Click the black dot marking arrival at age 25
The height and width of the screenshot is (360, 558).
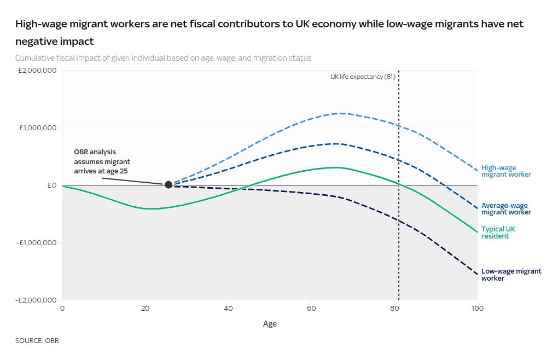[x=168, y=185]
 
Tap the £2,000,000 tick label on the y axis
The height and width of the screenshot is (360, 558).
[x=37, y=71]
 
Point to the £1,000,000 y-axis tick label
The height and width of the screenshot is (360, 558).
[x=37, y=128]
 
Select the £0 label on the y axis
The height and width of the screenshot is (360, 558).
[x=52, y=185]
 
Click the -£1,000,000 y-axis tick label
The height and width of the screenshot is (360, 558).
[x=36, y=243]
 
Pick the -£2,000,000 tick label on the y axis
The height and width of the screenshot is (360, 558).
[x=36, y=300]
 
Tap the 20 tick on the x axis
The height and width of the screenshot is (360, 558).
[x=145, y=309]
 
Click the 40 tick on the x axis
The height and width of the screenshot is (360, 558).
[x=228, y=309]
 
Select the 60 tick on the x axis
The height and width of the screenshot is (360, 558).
[x=311, y=309]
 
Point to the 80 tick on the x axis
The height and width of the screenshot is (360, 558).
[x=394, y=309]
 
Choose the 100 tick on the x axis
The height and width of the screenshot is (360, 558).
[x=477, y=309]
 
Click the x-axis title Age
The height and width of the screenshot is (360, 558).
[x=270, y=324]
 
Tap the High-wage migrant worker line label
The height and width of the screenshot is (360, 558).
[x=506, y=171]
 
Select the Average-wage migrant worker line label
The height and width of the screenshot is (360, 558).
[x=506, y=208]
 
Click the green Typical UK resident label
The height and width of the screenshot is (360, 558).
[x=498, y=233]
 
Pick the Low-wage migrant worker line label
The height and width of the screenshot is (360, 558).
[x=511, y=275]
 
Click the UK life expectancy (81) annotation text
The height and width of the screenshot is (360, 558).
[x=363, y=77]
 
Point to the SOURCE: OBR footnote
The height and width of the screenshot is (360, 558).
[x=37, y=341]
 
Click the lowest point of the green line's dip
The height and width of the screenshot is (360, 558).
[x=149, y=208]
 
